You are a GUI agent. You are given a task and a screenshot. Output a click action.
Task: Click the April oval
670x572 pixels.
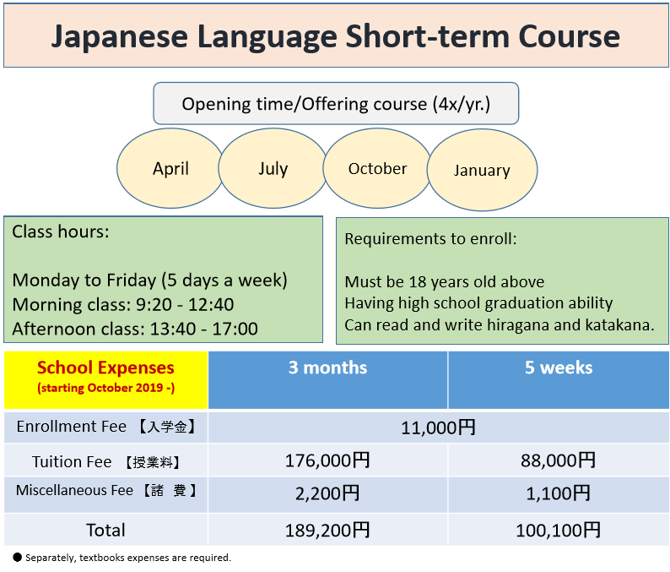point(170,168)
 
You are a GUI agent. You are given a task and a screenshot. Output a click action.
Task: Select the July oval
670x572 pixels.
point(273,168)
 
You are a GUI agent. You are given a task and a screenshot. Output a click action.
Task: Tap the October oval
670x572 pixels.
point(377,168)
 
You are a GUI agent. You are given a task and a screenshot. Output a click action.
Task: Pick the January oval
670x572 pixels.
point(482,170)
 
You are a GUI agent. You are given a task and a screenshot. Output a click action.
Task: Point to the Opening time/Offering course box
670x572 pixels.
point(336,104)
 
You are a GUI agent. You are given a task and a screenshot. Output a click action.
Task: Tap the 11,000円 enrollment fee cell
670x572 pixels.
point(439,428)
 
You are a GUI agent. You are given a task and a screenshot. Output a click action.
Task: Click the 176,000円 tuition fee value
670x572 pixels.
point(327,460)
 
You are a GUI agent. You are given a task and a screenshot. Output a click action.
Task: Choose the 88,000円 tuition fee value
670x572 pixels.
point(559,460)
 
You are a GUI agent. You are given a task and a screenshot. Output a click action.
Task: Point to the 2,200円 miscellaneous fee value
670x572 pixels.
point(327,493)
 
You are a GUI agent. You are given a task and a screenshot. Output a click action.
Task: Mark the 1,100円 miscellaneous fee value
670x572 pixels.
point(559,493)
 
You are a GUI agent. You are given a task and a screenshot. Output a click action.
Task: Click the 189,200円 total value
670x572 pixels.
point(327,531)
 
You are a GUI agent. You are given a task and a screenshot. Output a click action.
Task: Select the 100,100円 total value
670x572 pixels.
point(559,531)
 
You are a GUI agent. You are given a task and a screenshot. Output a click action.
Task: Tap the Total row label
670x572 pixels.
point(105,531)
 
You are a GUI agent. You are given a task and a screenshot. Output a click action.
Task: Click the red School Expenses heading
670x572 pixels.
point(105,368)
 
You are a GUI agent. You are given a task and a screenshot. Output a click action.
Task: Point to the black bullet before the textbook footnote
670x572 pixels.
point(17,557)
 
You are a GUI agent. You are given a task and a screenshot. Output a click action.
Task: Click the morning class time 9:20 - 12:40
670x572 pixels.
point(185,305)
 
